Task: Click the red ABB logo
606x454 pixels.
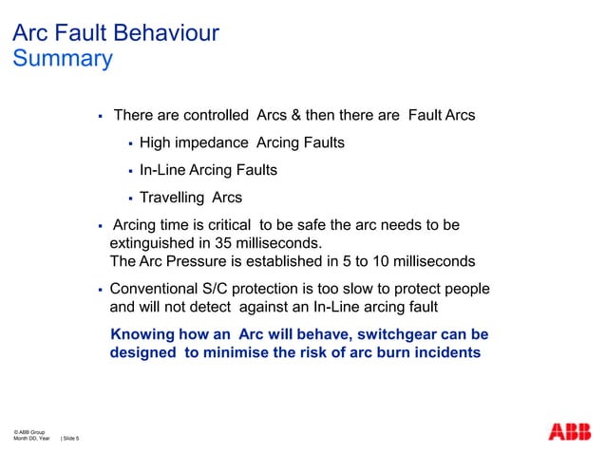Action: [x=569, y=432]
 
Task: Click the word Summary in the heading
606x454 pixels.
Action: [x=62, y=59]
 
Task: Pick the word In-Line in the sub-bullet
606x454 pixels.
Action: [x=162, y=171]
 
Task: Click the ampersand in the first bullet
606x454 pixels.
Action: [x=297, y=116]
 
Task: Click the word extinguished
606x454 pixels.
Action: [x=153, y=243]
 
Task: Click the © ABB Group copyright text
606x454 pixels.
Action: [x=29, y=432]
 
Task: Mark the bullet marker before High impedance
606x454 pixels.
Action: [x=130, y=144]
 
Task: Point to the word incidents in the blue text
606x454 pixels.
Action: [x=447, y=352]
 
